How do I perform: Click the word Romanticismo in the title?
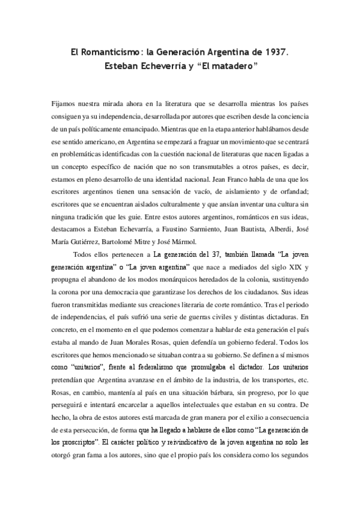106,53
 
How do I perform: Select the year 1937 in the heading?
275,53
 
